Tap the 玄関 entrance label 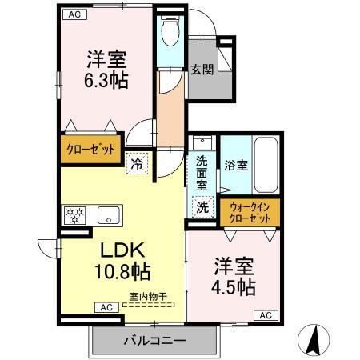pos(201,70)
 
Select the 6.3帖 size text pos(106,81)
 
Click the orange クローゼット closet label pos(90,149)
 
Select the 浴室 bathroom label pos(236,166)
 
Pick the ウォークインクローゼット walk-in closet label pos(250,212)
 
